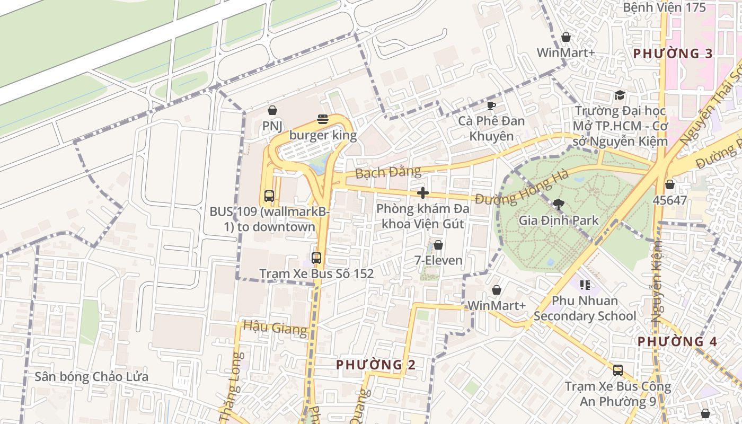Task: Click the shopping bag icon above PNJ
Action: coord(272,110)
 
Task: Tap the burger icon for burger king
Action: coord(323,119)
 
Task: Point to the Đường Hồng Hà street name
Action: coord(522,188)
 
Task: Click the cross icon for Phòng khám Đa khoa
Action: coord(422,192)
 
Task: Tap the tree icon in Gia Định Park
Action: coord(558,204)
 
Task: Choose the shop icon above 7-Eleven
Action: coord(438,245)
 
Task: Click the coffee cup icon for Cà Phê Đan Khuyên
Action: coord(491,105)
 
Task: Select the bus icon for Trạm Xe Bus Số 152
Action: coord(316,258)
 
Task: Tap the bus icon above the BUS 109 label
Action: coord(269,196)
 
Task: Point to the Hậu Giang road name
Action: coord(275,328)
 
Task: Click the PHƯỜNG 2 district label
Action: coord(376,365)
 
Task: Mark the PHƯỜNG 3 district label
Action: coord(673,54)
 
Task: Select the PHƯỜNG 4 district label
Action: coord(677,341)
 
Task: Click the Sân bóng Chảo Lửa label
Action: coord(91,377)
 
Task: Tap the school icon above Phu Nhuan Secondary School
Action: coord(585,286)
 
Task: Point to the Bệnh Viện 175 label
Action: coord(664,7)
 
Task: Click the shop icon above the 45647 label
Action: coord(670,184)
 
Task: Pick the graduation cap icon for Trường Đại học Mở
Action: coord(619,95)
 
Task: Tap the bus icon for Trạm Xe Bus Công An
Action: coord(617,370)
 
